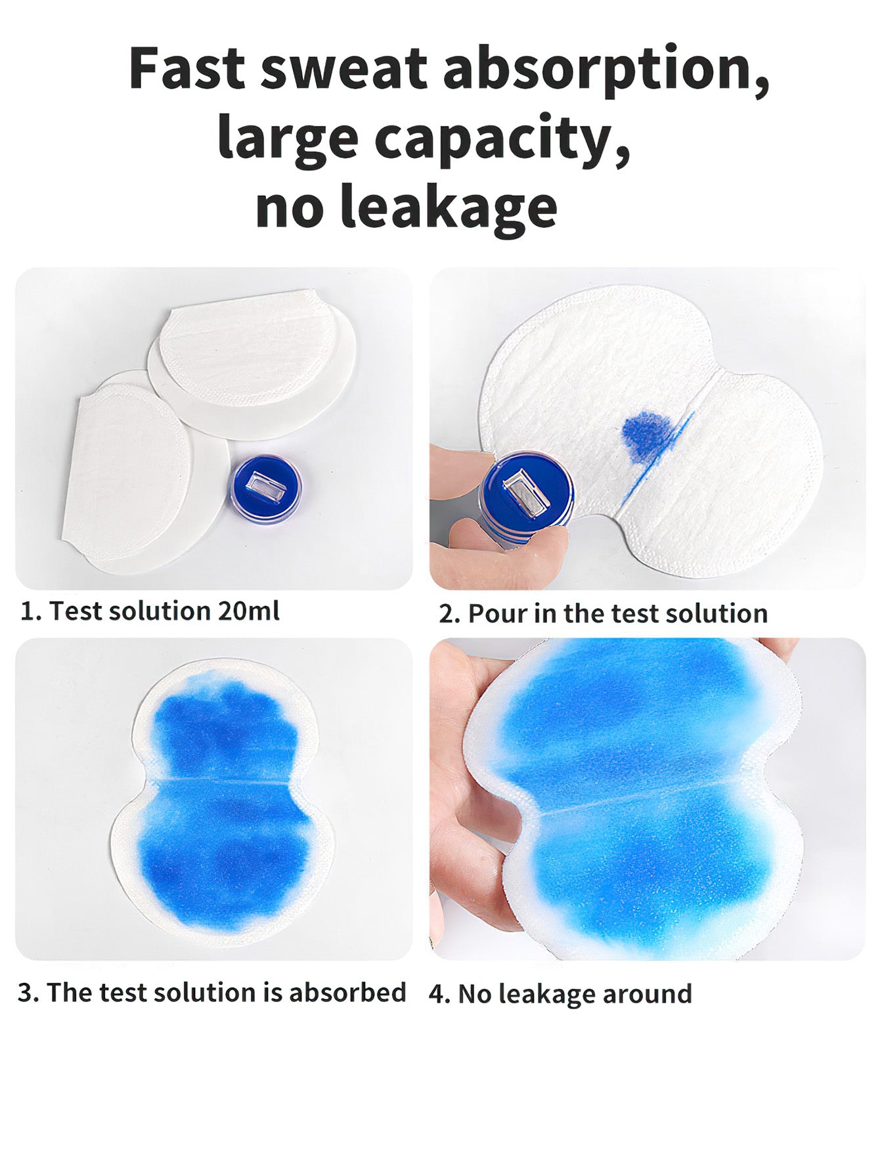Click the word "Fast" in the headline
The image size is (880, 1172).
[187, 68]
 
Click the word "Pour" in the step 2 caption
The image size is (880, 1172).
[497, 613]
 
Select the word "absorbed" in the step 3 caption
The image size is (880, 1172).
[347, 992]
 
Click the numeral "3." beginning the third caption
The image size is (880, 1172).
[28, 993]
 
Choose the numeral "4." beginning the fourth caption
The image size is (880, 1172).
[440, 994]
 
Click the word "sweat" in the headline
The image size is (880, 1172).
[344, 69]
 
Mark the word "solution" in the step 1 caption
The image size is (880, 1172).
[161, 611]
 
